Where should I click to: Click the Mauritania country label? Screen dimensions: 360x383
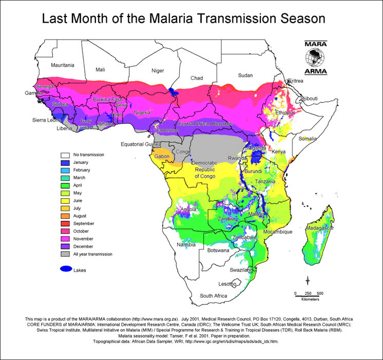pos(62,65)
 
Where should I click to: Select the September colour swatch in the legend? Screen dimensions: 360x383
pos(65,223)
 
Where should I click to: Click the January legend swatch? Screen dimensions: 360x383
pos(65,162)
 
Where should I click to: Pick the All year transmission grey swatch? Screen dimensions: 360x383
pos(65,254)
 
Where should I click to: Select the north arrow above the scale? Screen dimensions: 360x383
pos(308,280)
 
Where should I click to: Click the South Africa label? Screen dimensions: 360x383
pos(213,296)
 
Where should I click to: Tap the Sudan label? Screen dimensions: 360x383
pos(245,75)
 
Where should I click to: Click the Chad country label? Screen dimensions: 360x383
pos(197,78)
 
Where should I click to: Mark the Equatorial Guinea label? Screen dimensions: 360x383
pos(140,144)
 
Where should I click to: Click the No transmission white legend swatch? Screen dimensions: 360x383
pos(65,154)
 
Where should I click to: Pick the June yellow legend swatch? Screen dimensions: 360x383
pos(65,200)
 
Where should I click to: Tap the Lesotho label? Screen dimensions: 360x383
pos(227,283)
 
